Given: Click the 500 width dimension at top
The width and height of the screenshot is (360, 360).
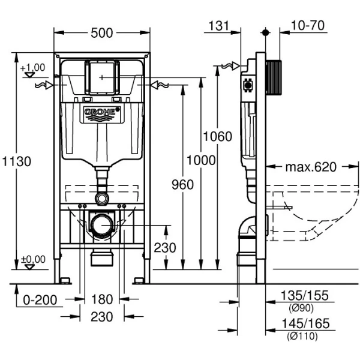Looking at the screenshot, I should (x=101, y=33).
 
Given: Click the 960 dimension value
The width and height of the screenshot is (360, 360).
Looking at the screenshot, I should (x=182, y=184).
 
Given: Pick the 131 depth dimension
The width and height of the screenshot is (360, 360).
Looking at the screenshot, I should (x=220, y=25).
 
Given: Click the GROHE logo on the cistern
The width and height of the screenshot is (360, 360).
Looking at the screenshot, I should (x=101, y=112).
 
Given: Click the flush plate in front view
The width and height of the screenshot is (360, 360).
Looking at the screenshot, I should (x=101, y=76).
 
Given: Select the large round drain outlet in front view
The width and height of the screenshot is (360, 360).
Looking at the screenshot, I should (x=101, y=224).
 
